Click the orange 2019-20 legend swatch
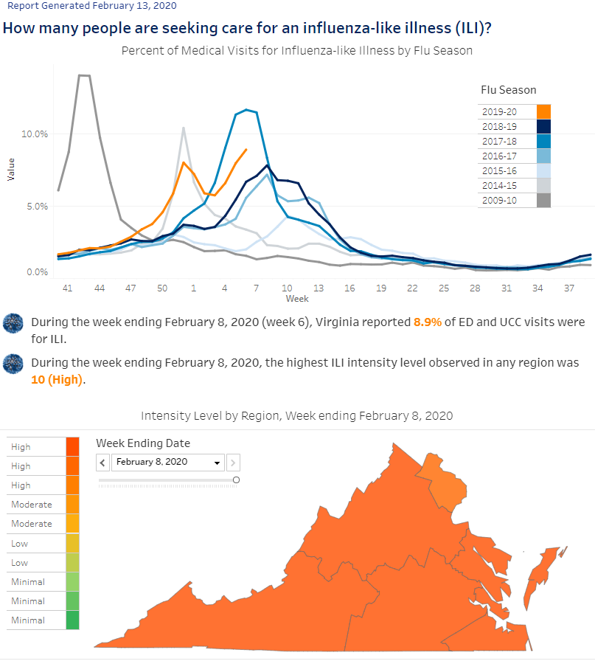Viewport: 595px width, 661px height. click(543, 111)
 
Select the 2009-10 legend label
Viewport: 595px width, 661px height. click(499, 200)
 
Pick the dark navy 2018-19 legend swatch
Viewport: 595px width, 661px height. click(543, 126)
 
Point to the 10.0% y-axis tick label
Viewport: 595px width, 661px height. click(35, 134)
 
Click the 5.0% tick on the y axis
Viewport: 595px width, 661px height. click(38, 207)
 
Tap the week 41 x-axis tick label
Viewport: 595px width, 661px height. click(67, 288)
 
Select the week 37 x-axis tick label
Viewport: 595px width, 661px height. click(569, 288)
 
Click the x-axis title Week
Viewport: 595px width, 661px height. click(297, 299)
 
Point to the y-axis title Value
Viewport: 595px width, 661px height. click(11, 170)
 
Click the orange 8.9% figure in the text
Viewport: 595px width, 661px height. click(428, 322)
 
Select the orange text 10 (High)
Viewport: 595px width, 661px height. click(57, 380)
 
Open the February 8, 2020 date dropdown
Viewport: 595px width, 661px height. click(167, 462)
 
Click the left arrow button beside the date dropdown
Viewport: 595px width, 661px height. click(102, 463)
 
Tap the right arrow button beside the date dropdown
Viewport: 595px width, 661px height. click(233, 463)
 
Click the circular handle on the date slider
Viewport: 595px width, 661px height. click(237, 480)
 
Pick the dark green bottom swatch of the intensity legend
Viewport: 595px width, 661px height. click(72, 620)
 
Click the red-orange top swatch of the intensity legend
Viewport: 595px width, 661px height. click(72, 447)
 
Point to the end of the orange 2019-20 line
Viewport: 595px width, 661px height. click(246, 149)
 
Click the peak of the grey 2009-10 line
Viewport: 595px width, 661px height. click(84, 75)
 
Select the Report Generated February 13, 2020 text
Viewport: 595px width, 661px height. click(92, 6)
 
